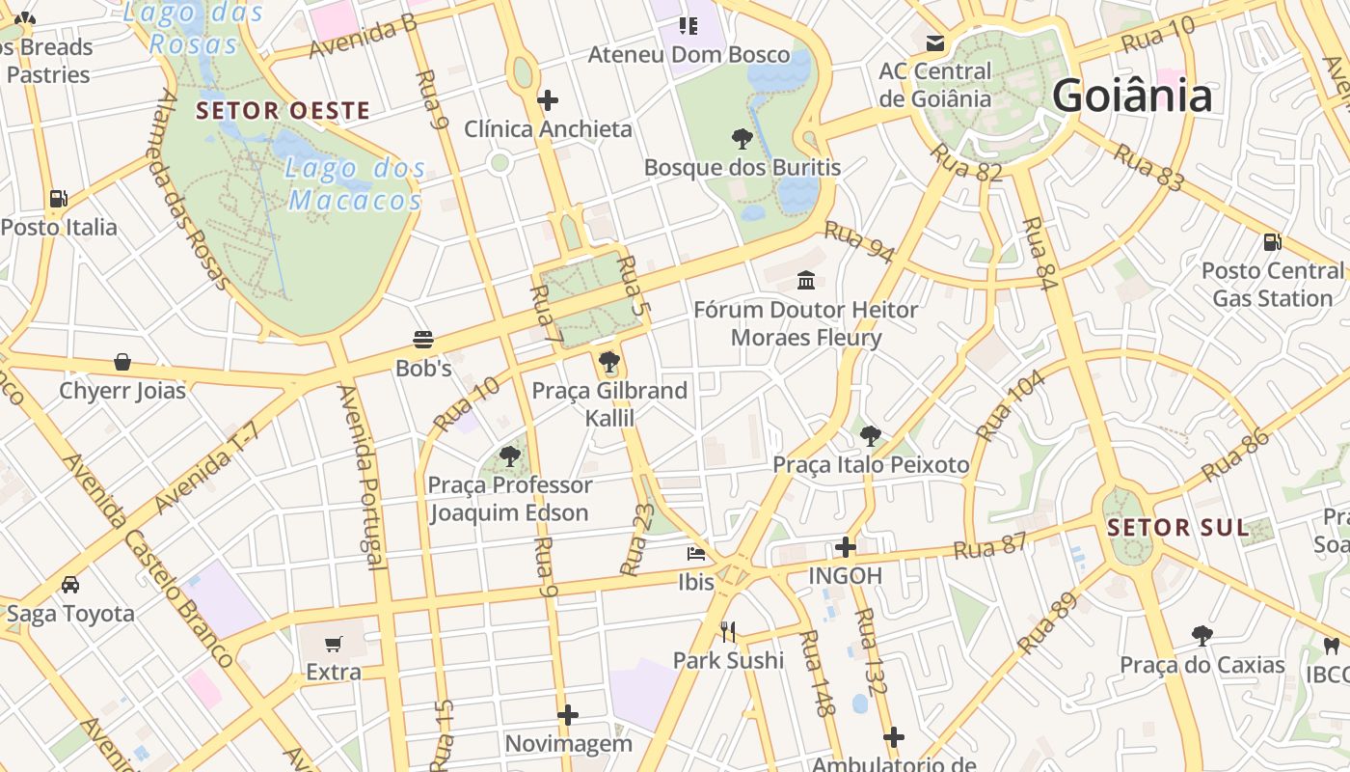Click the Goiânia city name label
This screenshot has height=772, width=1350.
coord(1132,96)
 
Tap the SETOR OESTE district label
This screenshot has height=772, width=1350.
coord(283,111)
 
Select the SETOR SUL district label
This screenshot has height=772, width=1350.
coord(1178,528)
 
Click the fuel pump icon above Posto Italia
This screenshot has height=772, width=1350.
coord(59,199)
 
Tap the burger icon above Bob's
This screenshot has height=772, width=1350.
coord(422,340)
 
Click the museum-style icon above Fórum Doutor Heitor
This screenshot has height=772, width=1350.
coord(805,281)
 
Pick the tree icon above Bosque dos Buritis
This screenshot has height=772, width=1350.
coord(742,139)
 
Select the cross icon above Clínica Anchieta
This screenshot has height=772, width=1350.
coord(548,99)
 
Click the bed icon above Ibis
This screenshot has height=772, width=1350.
coord(695,554)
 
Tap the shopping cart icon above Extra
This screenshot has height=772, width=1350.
coord(334,644)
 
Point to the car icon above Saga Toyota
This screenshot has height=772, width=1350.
coord(70,585)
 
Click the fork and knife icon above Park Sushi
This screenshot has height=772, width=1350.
coord(728,632)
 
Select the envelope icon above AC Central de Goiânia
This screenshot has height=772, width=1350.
coord(934,42)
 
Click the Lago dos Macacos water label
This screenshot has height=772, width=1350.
coord(355,183)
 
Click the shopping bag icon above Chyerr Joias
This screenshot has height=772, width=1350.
coord(122,362)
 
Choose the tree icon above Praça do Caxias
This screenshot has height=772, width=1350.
coord(1201,635)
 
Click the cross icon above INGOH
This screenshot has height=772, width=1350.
coord(846,547)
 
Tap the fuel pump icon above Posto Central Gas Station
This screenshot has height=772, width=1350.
coord(1272,241)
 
